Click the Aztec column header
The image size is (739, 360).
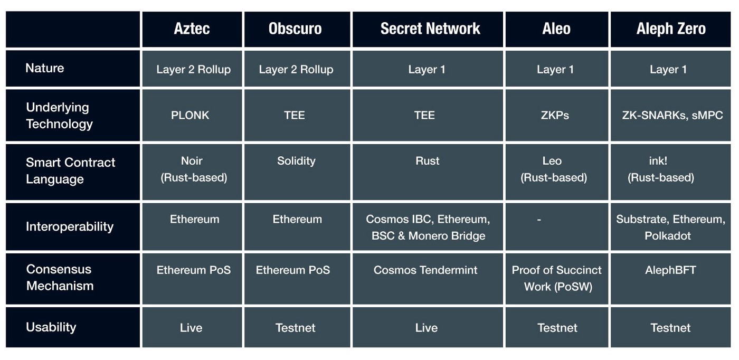[192, 29]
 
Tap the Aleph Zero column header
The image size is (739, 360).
[671, 29]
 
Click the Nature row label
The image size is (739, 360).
[45, 68]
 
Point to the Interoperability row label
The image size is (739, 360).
[70, 226]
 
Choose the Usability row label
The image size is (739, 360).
[51, 327]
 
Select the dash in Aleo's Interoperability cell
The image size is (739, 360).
[539, 220]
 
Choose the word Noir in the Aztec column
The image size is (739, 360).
[192, 160]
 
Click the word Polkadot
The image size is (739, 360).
[668, 235]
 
